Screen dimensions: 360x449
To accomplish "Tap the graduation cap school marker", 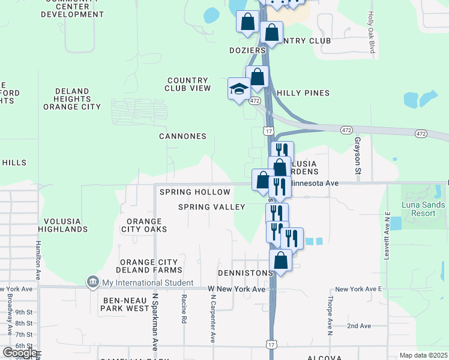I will tap(238, 89).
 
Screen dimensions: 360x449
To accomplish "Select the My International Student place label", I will tap(147, 283).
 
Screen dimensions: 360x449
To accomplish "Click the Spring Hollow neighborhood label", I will tap(194, 192).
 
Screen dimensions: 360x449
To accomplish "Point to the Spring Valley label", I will tap(211, 207).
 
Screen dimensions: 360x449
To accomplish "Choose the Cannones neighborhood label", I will tap(182, 136).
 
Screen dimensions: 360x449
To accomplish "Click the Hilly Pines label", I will tap(303, 93).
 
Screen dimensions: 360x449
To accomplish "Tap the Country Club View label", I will tap(188, 84).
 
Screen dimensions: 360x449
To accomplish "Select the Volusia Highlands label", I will tap(62, 224).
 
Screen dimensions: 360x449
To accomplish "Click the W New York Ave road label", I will tap(237, 289).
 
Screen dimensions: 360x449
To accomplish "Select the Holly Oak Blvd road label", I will tap(372, 33).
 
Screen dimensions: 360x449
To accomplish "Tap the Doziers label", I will tap(247, 50).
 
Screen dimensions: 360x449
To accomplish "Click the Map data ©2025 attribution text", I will tap(423, 355).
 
